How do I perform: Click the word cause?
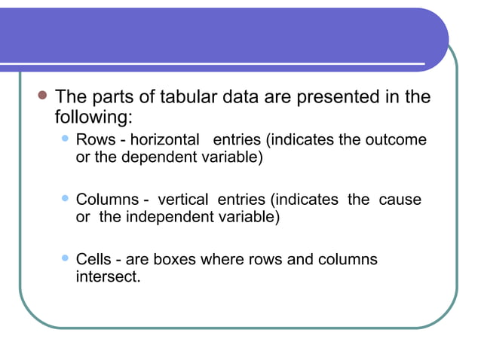(x=400, y=200)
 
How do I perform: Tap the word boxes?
(x=174, y=260)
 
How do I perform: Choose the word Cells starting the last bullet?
(x=94, y=260)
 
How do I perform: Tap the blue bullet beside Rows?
(x=65, y=139)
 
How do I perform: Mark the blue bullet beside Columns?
(x=65, y=199)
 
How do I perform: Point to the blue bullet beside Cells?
(x=65, y=258)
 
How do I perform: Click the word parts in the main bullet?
(x=107, y=97)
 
